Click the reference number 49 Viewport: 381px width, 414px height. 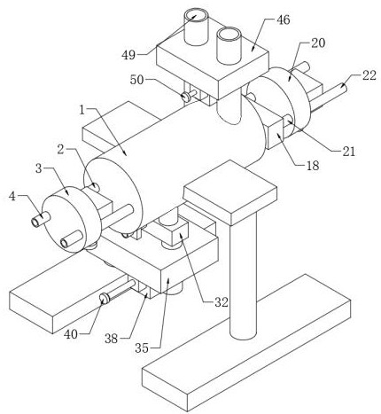[128, 55]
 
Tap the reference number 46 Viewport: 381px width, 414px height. [284, 20]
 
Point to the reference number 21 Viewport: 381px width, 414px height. [349, 152]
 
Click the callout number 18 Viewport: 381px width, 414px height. [313, 166]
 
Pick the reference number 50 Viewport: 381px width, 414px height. [137, 80]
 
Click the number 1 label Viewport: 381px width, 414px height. [82, 110]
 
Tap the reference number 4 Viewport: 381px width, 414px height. [12, 196]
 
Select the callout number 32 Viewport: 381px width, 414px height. [222, 302]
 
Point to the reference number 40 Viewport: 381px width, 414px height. [71, 334]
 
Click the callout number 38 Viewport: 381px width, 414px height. [112, 339]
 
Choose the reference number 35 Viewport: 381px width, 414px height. [142, 348]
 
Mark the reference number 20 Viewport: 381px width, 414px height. [318, 43]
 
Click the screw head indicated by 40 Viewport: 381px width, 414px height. [104, 298]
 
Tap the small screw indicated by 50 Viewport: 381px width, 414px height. [186, 97]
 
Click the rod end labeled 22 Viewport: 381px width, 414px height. [343, 87]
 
